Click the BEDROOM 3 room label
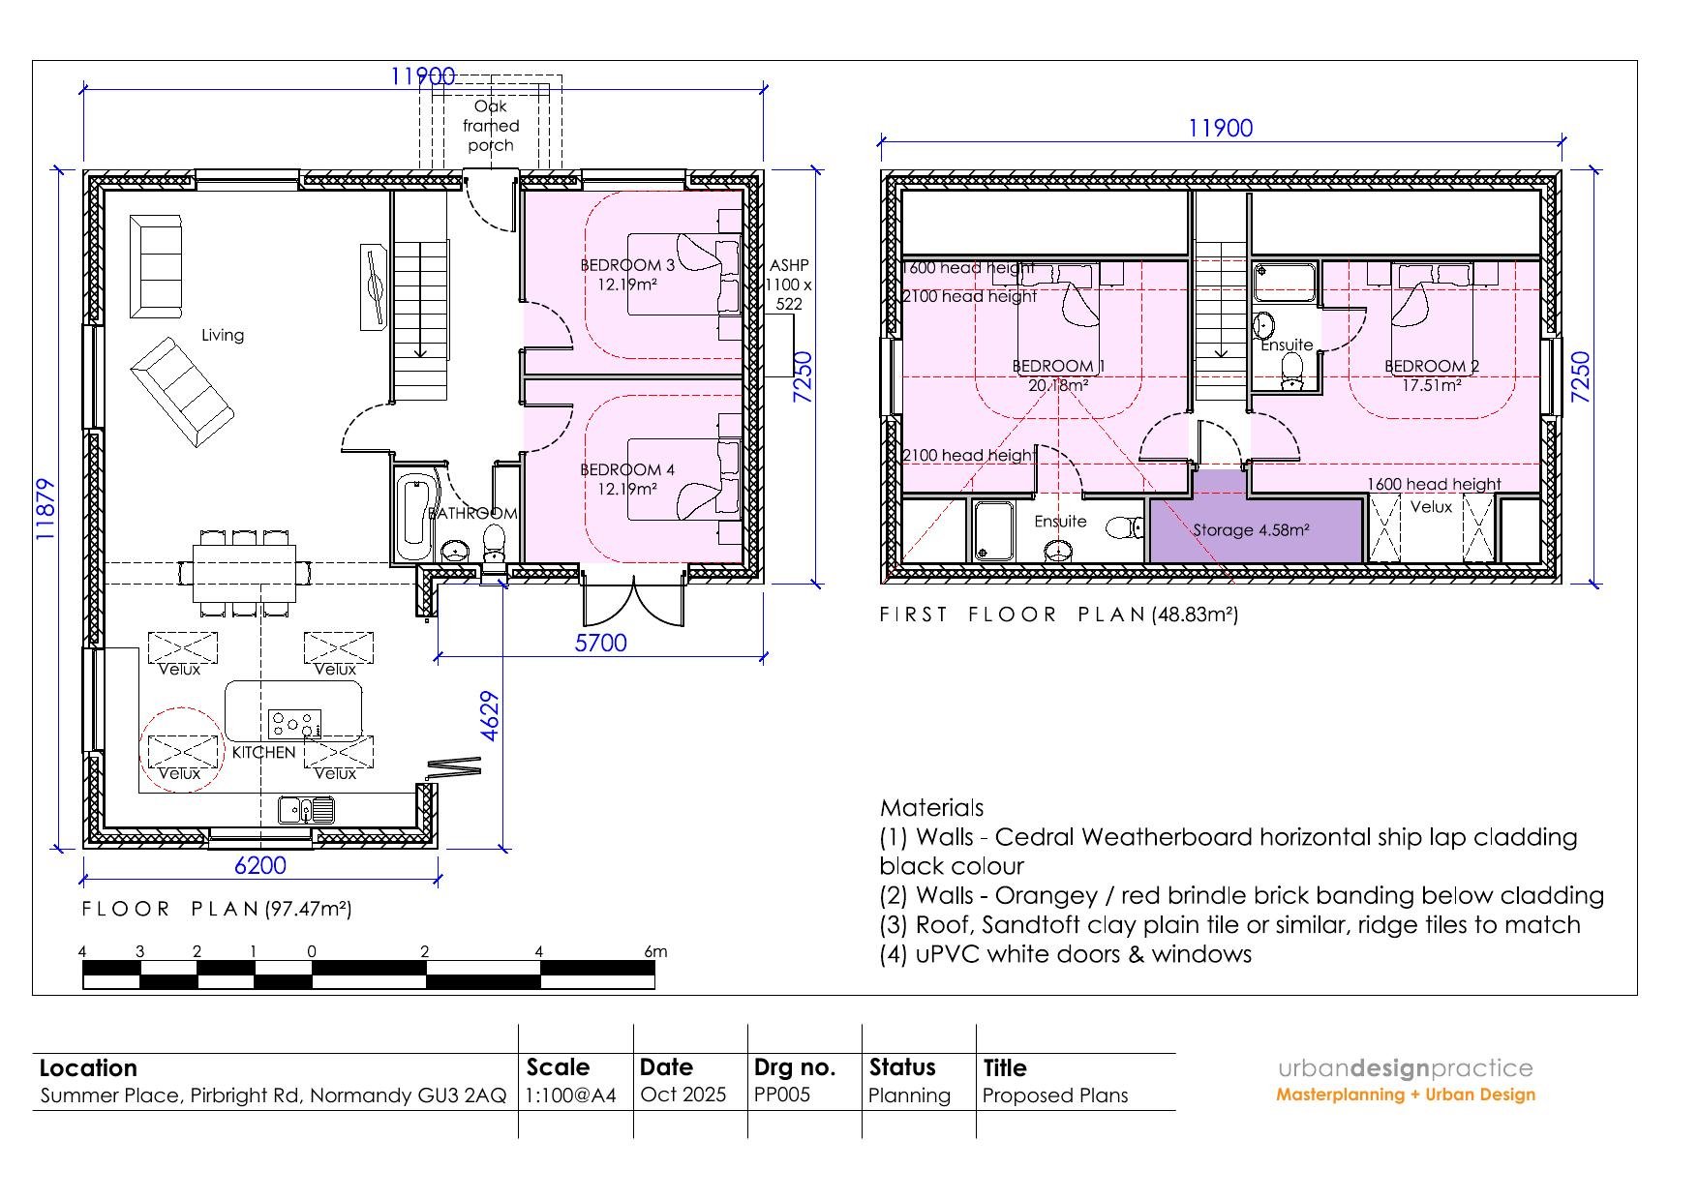tap(627, 265)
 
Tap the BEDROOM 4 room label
tap(627, 470)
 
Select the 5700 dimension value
tap(601, 643)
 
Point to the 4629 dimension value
tap(490, 716)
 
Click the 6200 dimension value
tap(260, 865)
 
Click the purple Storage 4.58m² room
tap(1256, 528)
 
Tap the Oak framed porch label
tap(491, 126)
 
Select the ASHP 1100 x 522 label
tap(789, 285)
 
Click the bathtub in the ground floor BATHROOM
tap(415, 518)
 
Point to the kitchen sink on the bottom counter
tap(307, 809)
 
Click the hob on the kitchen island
tap(295, 723)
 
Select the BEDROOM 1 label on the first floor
tap(1058, 366)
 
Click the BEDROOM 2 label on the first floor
tap(1432, 366)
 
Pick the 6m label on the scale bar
tap(655, 951)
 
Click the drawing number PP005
tap(782, 1095)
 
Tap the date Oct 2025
tap(683, 1095)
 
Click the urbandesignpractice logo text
tap(1406, 1068)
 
